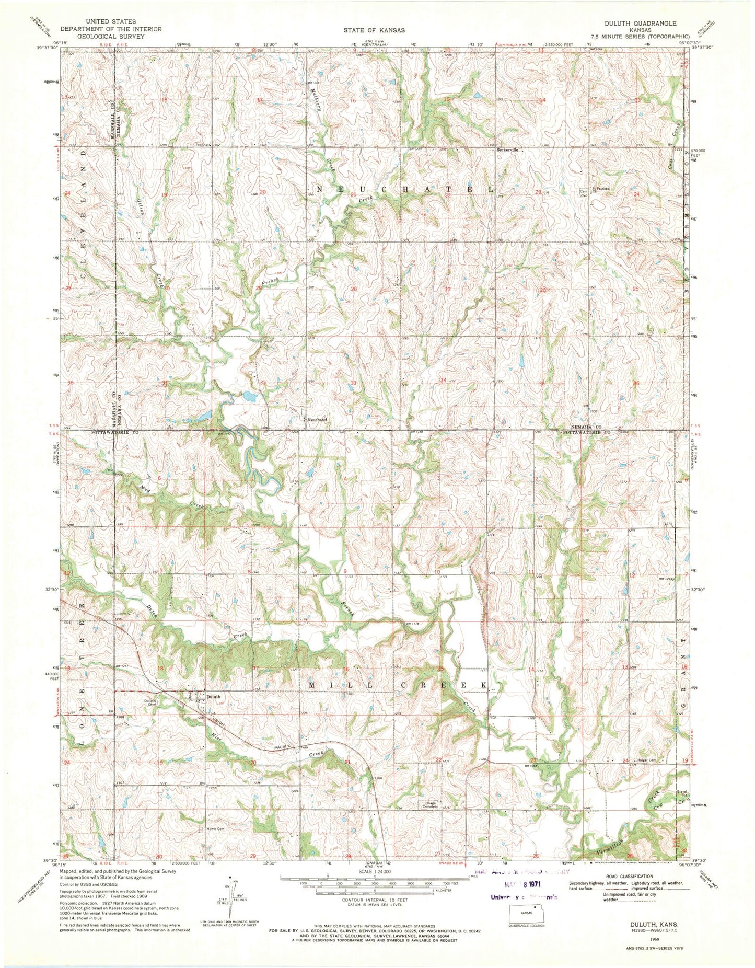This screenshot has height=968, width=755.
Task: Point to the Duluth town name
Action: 214,696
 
